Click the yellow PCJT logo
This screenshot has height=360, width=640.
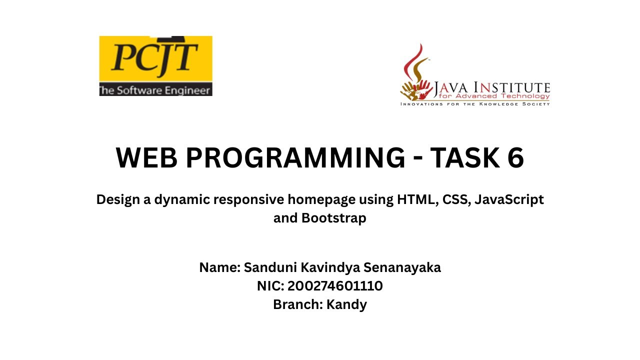(155, 58)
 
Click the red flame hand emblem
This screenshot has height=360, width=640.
(416, 75)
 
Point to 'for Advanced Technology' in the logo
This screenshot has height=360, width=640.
(494, 96)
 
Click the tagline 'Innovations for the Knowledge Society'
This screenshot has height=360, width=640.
(475, 104)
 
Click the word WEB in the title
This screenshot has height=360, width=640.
(146, 158)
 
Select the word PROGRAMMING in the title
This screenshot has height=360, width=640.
(295, 158)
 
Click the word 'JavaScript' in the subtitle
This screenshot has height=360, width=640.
(509, 199)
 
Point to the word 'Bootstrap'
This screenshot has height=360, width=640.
(334, 218)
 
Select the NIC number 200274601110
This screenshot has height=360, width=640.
(335, 286)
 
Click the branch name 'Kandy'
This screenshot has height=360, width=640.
(346, 304)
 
